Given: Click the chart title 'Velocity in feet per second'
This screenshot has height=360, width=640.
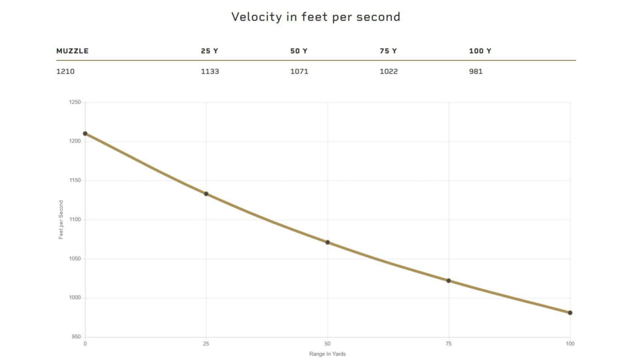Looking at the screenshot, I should [315, 17].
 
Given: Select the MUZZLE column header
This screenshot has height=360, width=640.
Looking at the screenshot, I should [72, 51].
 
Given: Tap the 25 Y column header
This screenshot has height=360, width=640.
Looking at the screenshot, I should [209, 51].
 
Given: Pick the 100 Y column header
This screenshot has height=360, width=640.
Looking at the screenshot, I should [480, 51].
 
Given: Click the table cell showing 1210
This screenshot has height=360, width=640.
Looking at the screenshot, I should [65, 71].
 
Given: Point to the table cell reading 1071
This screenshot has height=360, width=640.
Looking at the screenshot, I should [299, 71].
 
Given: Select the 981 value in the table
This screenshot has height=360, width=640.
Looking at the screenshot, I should [476, 71].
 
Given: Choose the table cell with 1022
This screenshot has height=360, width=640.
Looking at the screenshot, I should [389, 71].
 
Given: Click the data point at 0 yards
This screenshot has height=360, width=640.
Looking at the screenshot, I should [85, 134].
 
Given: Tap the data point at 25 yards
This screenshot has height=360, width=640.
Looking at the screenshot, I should [206, 194].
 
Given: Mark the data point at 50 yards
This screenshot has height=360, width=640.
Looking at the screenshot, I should [327, 242].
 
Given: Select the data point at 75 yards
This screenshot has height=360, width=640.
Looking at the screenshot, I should [448, 281].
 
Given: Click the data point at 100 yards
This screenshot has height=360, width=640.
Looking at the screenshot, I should [570, 313].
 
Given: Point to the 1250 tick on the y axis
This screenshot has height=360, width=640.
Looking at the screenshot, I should [74, 102].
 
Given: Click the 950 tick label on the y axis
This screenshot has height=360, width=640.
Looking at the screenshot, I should [75, 337].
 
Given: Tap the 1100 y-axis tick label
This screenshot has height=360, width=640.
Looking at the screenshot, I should [74, 220].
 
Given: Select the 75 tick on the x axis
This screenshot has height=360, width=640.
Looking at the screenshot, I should [448, 344].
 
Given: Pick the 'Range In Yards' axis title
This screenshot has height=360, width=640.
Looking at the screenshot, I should [327, 354].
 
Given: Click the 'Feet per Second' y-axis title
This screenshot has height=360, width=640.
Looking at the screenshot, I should [61, 220].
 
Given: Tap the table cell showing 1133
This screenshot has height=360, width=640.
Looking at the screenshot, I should [209, 71].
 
